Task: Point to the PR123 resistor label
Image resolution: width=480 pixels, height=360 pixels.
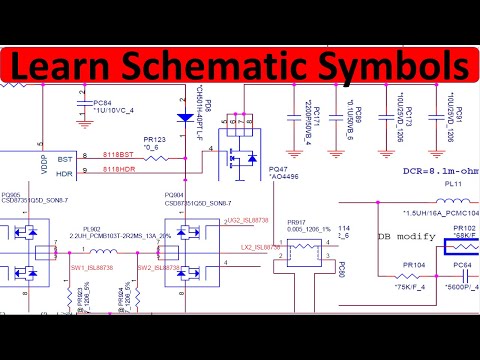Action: click(154, 139)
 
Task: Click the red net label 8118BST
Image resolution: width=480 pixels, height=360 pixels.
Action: click(118, 157)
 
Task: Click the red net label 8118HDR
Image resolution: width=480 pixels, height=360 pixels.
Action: click(118, 171)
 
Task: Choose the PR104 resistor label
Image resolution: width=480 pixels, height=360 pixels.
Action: click(413, 265)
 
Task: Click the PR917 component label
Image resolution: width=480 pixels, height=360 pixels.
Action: click(296, 221)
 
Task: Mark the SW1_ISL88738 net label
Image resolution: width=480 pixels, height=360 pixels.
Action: click(91, 268)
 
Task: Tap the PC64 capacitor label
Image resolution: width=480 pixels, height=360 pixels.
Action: click(463, 265)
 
